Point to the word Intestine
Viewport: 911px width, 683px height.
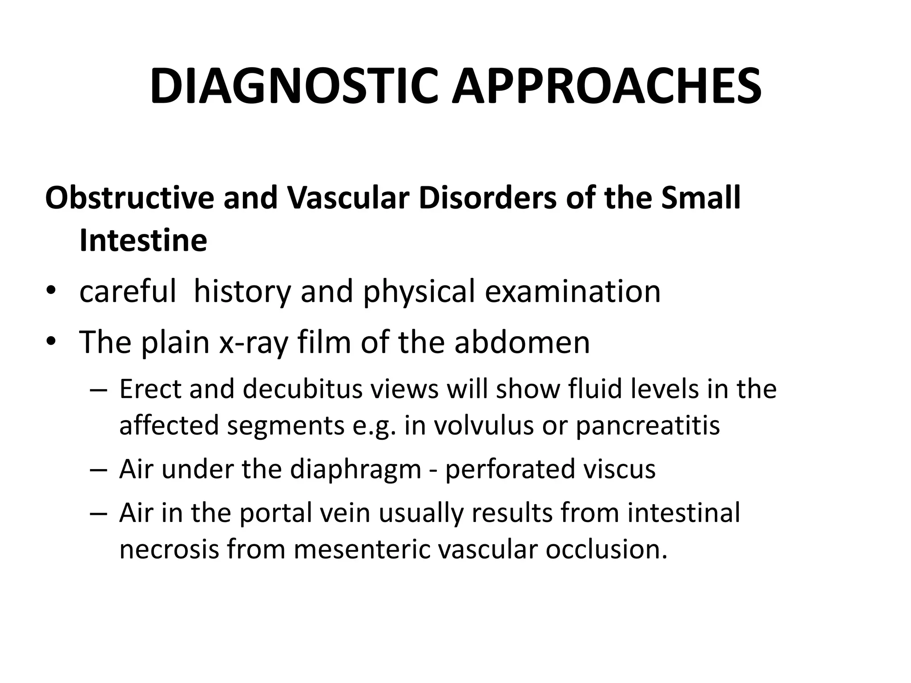[143, 241]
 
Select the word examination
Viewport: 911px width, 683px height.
[572, 292]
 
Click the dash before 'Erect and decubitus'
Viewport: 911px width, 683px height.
[98, 390]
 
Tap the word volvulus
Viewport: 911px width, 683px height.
[484, 425]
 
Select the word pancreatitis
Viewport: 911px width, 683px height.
[648, 425]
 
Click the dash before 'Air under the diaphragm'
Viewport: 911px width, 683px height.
[98, 470]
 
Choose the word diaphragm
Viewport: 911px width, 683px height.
[355, 470]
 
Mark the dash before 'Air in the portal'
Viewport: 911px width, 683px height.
[98, 514]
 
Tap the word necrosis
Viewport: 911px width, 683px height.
[169, 549]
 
